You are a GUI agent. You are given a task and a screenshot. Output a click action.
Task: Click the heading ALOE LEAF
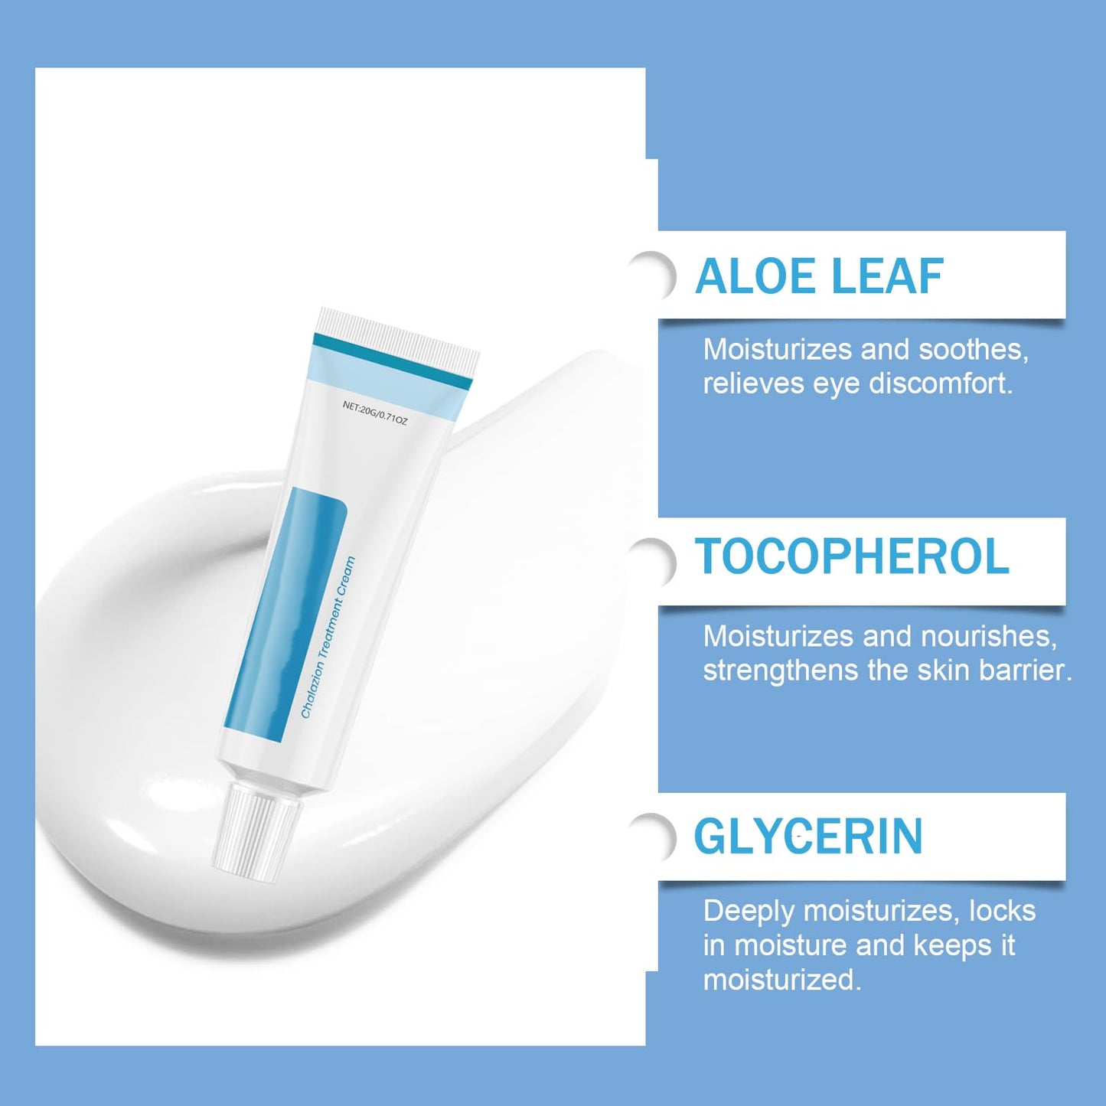[x=819, y=276]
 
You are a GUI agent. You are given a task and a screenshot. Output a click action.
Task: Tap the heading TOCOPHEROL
[x=852, y=556]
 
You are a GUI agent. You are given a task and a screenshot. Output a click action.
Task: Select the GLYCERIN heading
[x=808, y=837]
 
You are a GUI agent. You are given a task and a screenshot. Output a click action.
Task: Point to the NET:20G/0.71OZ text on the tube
[x=375, y=413]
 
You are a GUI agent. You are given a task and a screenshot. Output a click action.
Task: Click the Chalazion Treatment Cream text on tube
[x=328, y=638]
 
